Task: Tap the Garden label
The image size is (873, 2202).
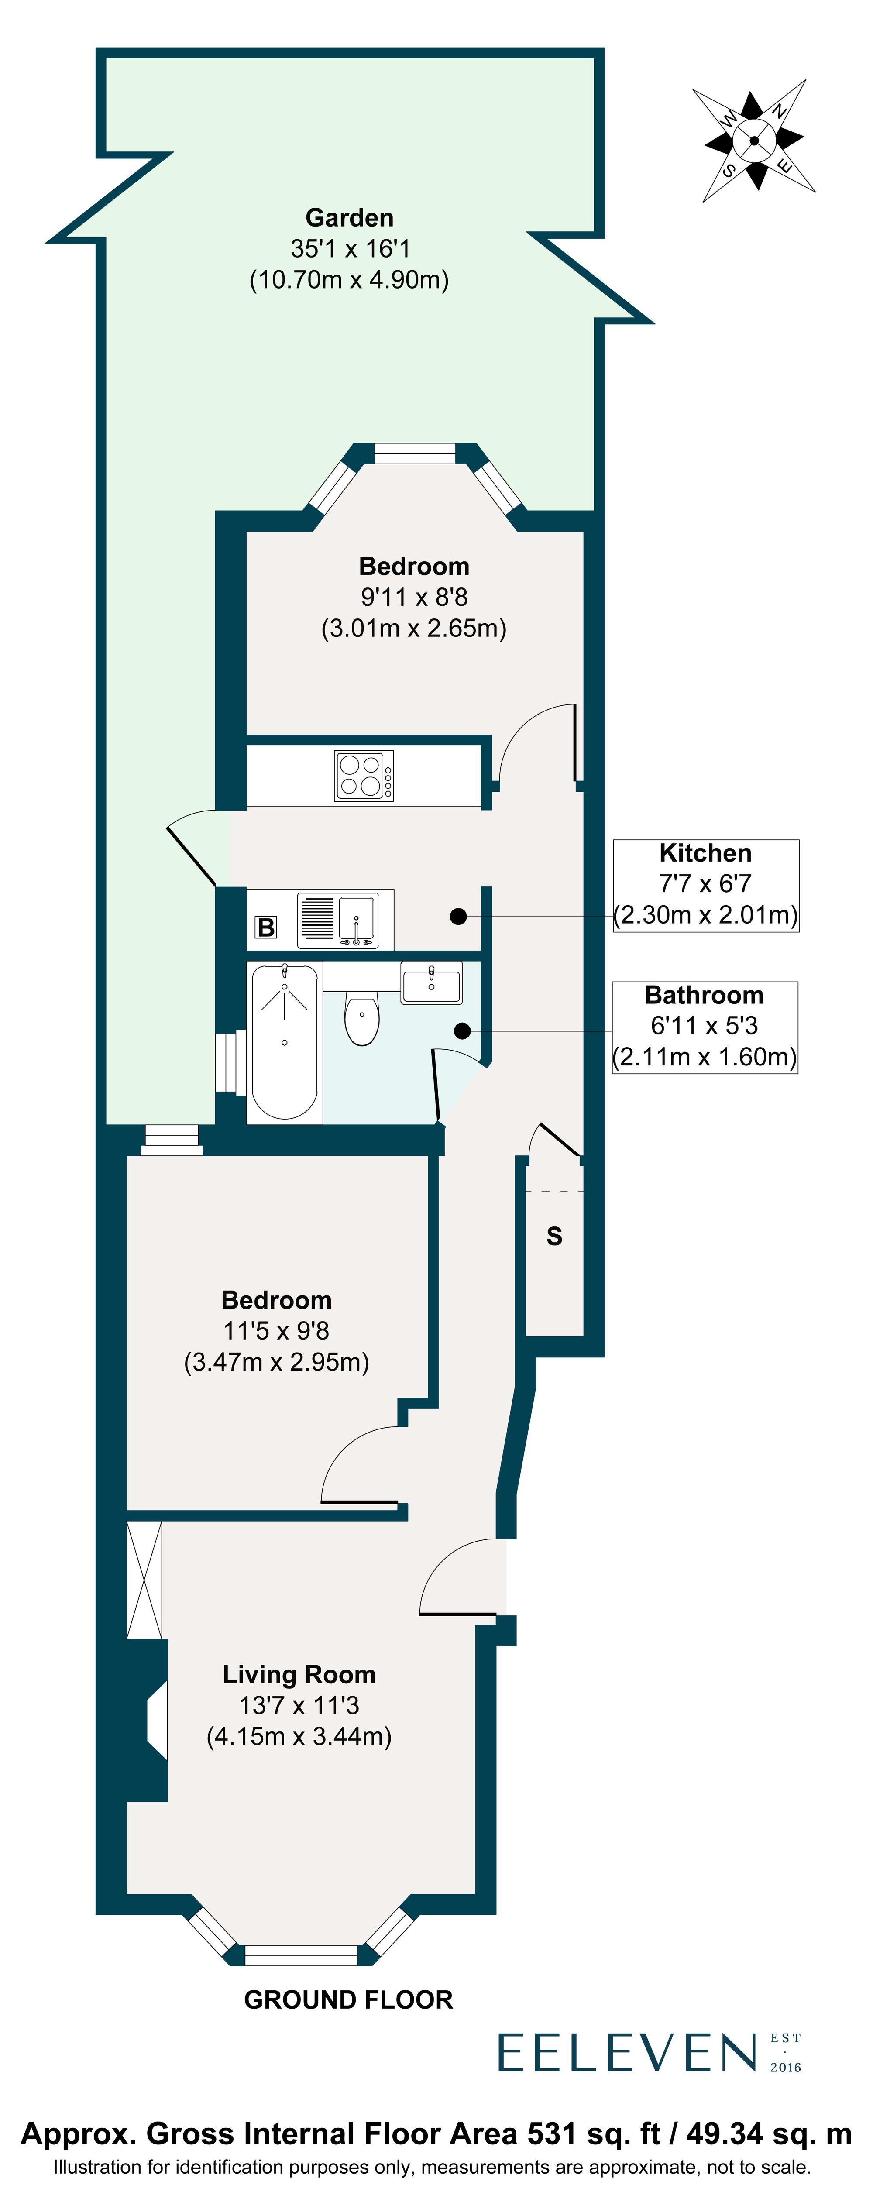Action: [349, 218]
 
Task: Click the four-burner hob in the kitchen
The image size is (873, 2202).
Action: [364, 775]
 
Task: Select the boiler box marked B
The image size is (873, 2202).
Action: [266, 927]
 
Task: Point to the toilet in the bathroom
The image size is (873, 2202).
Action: [362, 1017]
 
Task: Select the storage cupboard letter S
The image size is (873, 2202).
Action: [554, 1236]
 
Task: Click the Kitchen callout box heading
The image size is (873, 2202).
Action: [705, 853]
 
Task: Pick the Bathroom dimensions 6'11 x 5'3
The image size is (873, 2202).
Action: [705, 1026]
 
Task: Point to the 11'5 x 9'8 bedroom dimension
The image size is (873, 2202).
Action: [276, 1331]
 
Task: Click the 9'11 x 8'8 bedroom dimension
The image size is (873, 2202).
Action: [414, 598]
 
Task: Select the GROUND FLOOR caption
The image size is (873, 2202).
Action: [348, 1999]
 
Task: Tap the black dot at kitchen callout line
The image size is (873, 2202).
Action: [458, 916]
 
